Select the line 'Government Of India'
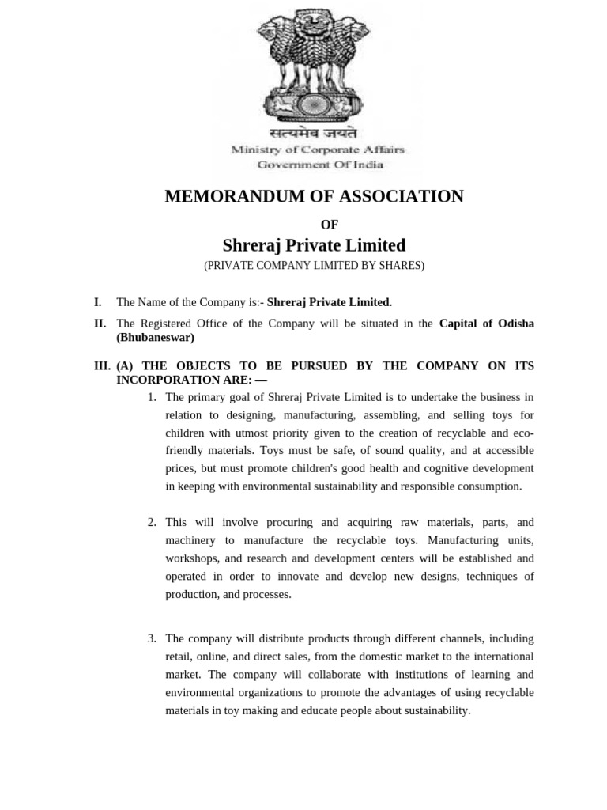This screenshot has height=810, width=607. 319,165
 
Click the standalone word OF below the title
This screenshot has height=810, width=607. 330,225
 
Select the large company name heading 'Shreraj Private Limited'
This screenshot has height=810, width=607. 314,245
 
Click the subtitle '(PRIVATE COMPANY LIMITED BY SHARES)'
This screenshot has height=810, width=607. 314,266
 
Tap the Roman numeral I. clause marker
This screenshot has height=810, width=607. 97,302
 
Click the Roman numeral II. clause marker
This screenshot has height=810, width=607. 100,324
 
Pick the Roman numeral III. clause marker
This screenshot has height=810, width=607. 102,366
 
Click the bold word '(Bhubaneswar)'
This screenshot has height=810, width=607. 155,338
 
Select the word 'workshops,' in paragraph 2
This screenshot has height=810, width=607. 188,558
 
